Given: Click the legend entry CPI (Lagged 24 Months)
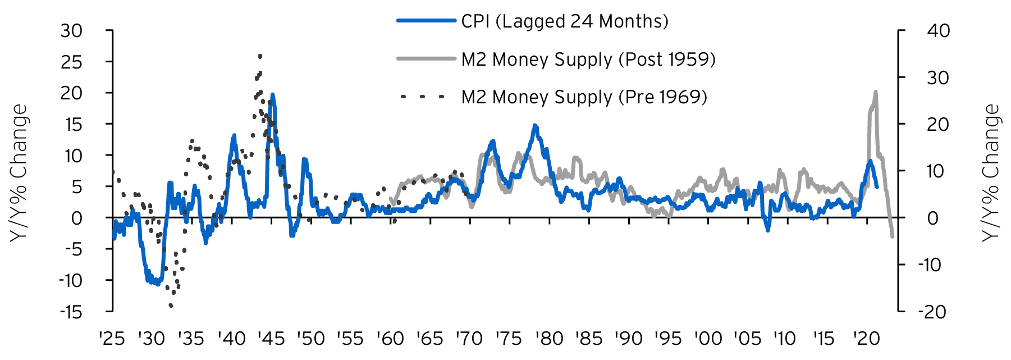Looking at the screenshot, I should (564, 21).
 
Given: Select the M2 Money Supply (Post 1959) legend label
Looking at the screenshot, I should (588, 59).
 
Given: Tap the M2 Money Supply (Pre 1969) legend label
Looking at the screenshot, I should (584, 97).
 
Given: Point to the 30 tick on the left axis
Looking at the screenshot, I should (71, 31).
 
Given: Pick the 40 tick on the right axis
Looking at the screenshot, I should (938, 31).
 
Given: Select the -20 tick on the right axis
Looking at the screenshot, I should (932, 312).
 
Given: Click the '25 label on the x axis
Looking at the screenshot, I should (112, 339).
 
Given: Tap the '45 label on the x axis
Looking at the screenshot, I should (271, 339).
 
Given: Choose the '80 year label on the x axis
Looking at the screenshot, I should (549, 339).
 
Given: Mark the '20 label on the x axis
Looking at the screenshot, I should (867, 339).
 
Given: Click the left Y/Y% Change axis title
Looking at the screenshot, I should (19, 173).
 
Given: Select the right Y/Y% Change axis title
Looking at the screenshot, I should (991, 173).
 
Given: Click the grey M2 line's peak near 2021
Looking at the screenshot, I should (875, 92).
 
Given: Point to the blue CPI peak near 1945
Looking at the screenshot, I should (272, 95).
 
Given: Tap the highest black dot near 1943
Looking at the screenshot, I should (260, 56).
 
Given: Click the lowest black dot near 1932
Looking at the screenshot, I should (171, 306).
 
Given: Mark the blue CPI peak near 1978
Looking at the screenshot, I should (534, 126).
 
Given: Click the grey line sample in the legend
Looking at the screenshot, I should (426, 58).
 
